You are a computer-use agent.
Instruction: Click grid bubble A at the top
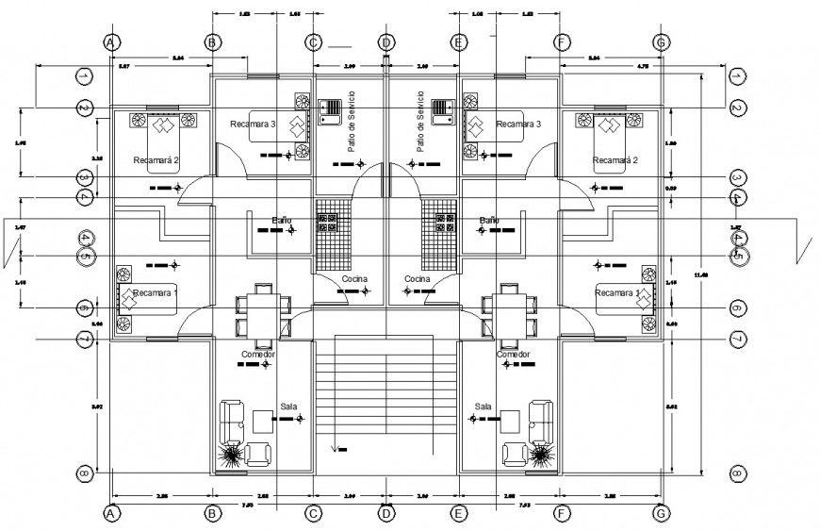(110, 42)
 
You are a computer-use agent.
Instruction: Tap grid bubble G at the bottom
(661, 513)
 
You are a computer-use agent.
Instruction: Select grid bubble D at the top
(385, 42)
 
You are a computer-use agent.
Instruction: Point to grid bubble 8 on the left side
(84, 473)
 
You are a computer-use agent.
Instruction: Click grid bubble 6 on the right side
(737, 308)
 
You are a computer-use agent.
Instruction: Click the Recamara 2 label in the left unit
(156, 160)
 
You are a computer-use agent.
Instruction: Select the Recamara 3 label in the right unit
(518, 124)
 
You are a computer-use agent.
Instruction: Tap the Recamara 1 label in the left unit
(156, 293)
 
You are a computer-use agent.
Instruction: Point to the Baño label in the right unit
(488, 220)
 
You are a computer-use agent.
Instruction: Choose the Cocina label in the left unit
(354, 280)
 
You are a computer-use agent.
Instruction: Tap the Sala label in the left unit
(287, 406)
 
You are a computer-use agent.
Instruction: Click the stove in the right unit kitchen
(439, 224)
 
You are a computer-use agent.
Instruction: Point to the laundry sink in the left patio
(332, 112)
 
